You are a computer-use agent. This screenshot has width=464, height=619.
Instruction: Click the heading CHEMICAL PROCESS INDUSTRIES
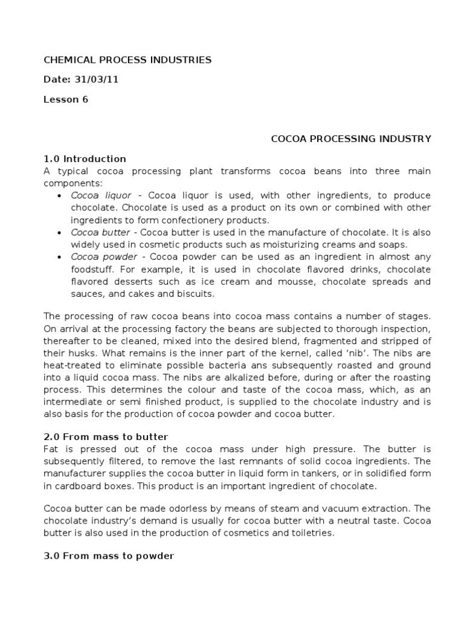coord(127,60)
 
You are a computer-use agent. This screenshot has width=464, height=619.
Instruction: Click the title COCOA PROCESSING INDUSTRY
coord(351,139)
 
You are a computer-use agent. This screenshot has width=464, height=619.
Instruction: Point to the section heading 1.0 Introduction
coord(85,159)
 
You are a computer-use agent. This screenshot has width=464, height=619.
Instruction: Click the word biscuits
coord(193,294)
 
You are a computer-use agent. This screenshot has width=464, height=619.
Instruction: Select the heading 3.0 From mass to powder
coord(109,556)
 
